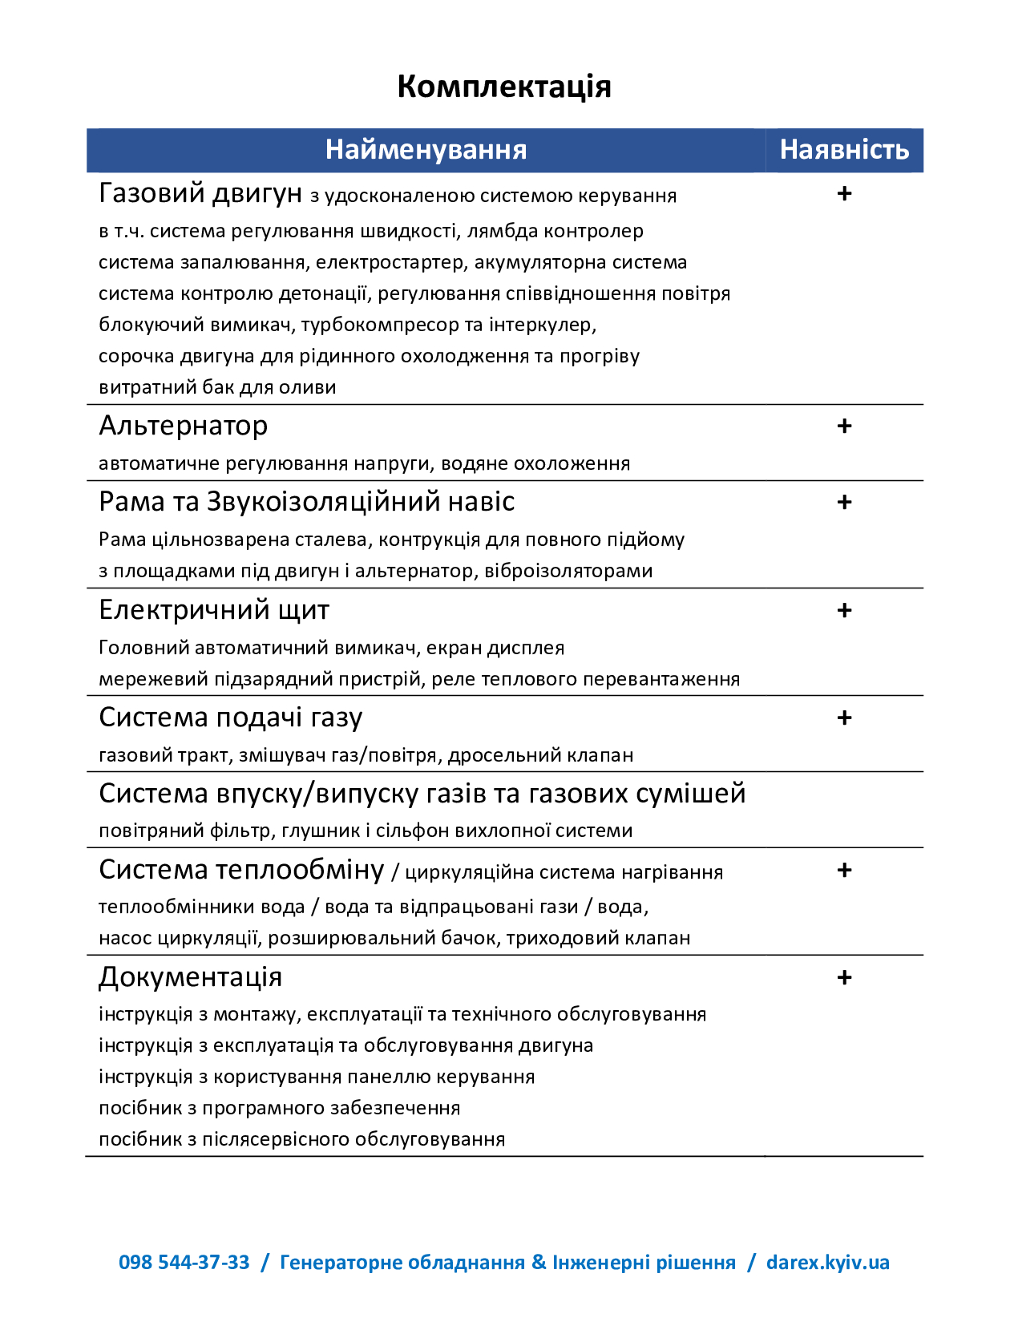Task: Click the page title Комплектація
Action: [504, 87]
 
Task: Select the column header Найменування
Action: [426, 150]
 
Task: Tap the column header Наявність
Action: [844, 150]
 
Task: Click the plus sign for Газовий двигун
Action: [844, 194]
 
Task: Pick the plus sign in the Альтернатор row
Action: [844, 427]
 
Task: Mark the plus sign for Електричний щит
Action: [844, 611]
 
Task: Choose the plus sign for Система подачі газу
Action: [844, 718]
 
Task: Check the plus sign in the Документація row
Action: [844, 978]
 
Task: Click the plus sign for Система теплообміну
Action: [844, 871]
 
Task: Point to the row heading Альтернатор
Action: [184, 426]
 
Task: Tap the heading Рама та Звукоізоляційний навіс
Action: [306, 502]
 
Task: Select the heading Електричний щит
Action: [214, 610]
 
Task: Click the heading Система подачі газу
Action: [231, 718]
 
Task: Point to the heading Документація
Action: [191, 977]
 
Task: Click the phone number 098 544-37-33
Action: [184, 1263]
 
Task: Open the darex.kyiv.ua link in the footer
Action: [827, 1263]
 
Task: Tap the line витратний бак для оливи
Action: [217, 387]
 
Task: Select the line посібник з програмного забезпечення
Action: [279, 1108]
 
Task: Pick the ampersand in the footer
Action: [539, 1263]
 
